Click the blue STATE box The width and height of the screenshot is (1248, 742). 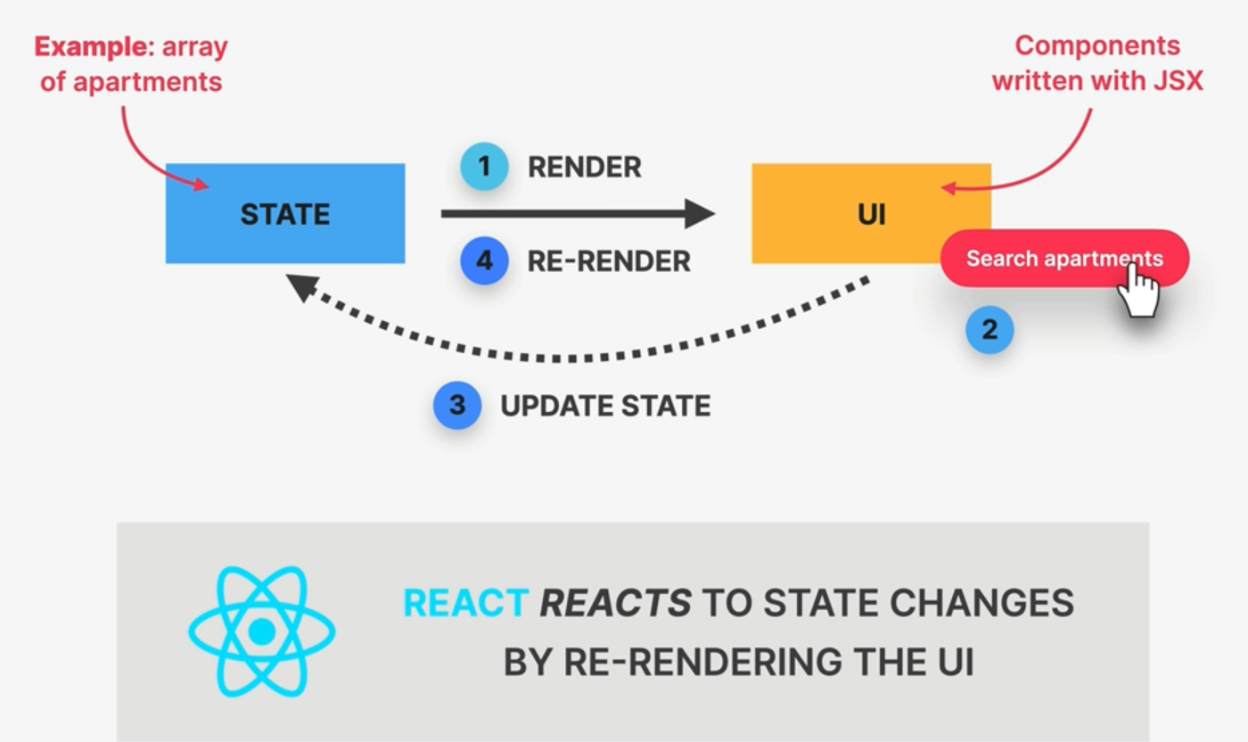pos(284,213)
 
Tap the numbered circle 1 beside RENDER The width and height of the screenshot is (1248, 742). pos(484,167)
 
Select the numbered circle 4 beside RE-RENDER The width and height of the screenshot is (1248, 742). pos(484,260)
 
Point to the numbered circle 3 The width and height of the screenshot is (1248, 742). pos(457,406)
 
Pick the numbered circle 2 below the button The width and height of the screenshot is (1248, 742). pos(989,330)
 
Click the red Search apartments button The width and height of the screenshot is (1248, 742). pos(1034,259)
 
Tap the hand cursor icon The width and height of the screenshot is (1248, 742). pos(1138,290)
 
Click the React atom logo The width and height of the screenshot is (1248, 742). pos(261,631)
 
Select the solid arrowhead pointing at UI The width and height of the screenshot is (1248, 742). pos(699,213)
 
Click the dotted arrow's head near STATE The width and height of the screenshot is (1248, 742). pos(303,287)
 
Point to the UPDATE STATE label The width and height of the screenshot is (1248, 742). pos(605,406)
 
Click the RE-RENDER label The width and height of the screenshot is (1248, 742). pos(609,261)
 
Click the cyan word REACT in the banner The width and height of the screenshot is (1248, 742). pos(465,604)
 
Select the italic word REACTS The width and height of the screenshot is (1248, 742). pos(615,604)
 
